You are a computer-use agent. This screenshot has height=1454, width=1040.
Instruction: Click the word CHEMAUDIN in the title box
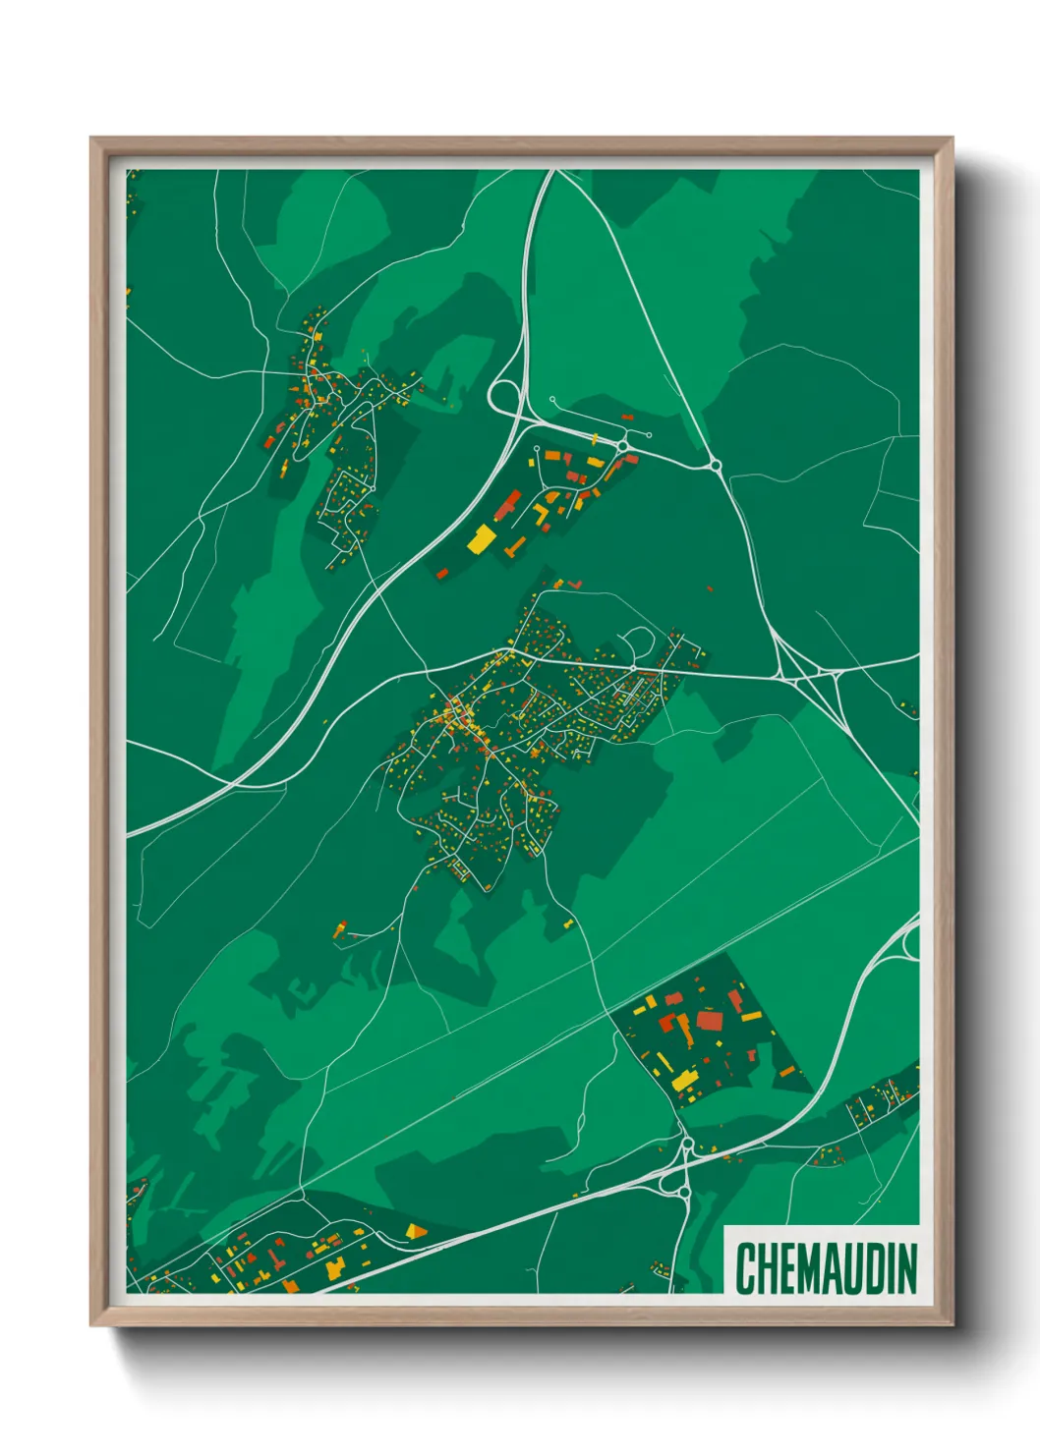[x=826, y=1267]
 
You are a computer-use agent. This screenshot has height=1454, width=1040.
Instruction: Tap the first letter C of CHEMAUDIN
[x=744, y=1268]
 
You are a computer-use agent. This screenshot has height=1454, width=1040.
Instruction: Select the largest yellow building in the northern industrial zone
[x=482, y=537]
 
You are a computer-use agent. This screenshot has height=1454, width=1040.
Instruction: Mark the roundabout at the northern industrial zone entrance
[x=623, y=447]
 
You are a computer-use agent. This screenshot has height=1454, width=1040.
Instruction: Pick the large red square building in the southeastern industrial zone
[x=709, y=1020]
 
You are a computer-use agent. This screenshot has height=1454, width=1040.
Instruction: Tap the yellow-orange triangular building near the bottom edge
[x=416, y=1229]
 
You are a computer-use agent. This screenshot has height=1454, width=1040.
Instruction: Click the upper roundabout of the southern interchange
[x=686, y=1144]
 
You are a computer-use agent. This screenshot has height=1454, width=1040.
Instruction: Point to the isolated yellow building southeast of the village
[x=568, y=923]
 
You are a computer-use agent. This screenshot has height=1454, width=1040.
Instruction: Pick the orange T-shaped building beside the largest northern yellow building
[x=513, y=545]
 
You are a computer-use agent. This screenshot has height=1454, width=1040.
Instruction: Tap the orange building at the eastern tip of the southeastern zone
[x=786, y=1071]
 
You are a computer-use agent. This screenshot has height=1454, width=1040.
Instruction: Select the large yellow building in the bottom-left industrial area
[x=334, y=1268]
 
